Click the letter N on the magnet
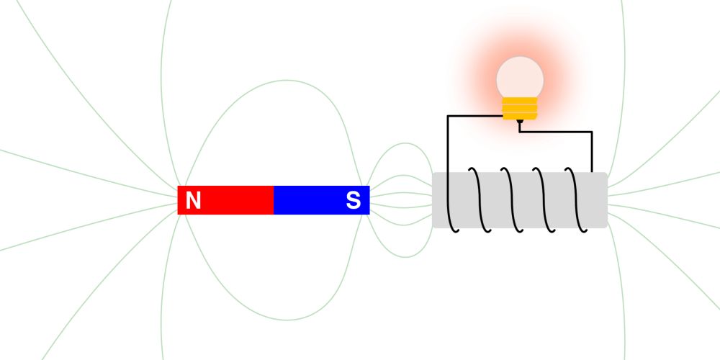(193, 201)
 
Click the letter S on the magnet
(353, 201)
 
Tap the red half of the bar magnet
(225, 200)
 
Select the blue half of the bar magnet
(321, 200)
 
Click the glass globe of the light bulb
(520, 77)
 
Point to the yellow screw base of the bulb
(520, 109)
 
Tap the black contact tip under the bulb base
(520, 122)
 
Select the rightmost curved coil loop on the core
(578, 200)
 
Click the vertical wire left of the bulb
(448, 144)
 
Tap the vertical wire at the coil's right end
(592, 152)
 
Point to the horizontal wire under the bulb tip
(556, 132)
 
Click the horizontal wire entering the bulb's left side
(474, 116)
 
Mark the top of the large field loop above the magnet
(287, 81)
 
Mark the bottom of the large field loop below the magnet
(287, 320)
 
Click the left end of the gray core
(433, 200)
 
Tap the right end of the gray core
(607, 200)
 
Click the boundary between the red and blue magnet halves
(274, 200)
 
